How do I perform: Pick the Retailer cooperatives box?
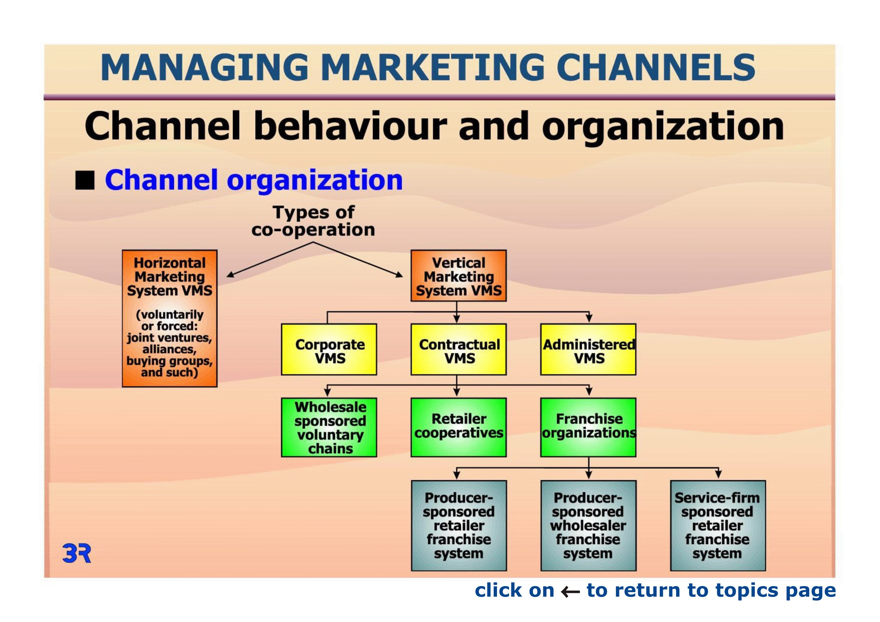click(458, 427)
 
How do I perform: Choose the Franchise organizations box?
click(588, 427)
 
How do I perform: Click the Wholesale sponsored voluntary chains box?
click(329, 427)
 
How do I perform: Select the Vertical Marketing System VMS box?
click(458, 276)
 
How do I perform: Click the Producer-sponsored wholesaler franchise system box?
click(588, 526)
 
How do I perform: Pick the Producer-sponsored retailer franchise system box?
click(459, 526)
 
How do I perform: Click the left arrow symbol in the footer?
click(570, 592)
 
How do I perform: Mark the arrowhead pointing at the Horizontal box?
click(230, 274)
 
